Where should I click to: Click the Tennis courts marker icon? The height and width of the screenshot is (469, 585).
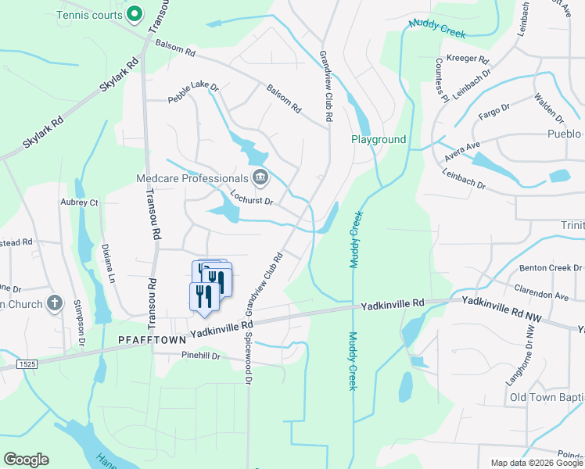point(135,14)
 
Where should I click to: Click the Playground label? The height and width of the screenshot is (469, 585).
point(379,140)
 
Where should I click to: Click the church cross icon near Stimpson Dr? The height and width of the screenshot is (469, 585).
point(54,303)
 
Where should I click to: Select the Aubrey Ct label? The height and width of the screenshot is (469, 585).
point(79,202)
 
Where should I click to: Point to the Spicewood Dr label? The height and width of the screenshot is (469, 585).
point(249,359)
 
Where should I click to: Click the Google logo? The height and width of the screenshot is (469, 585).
point(26,460)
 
